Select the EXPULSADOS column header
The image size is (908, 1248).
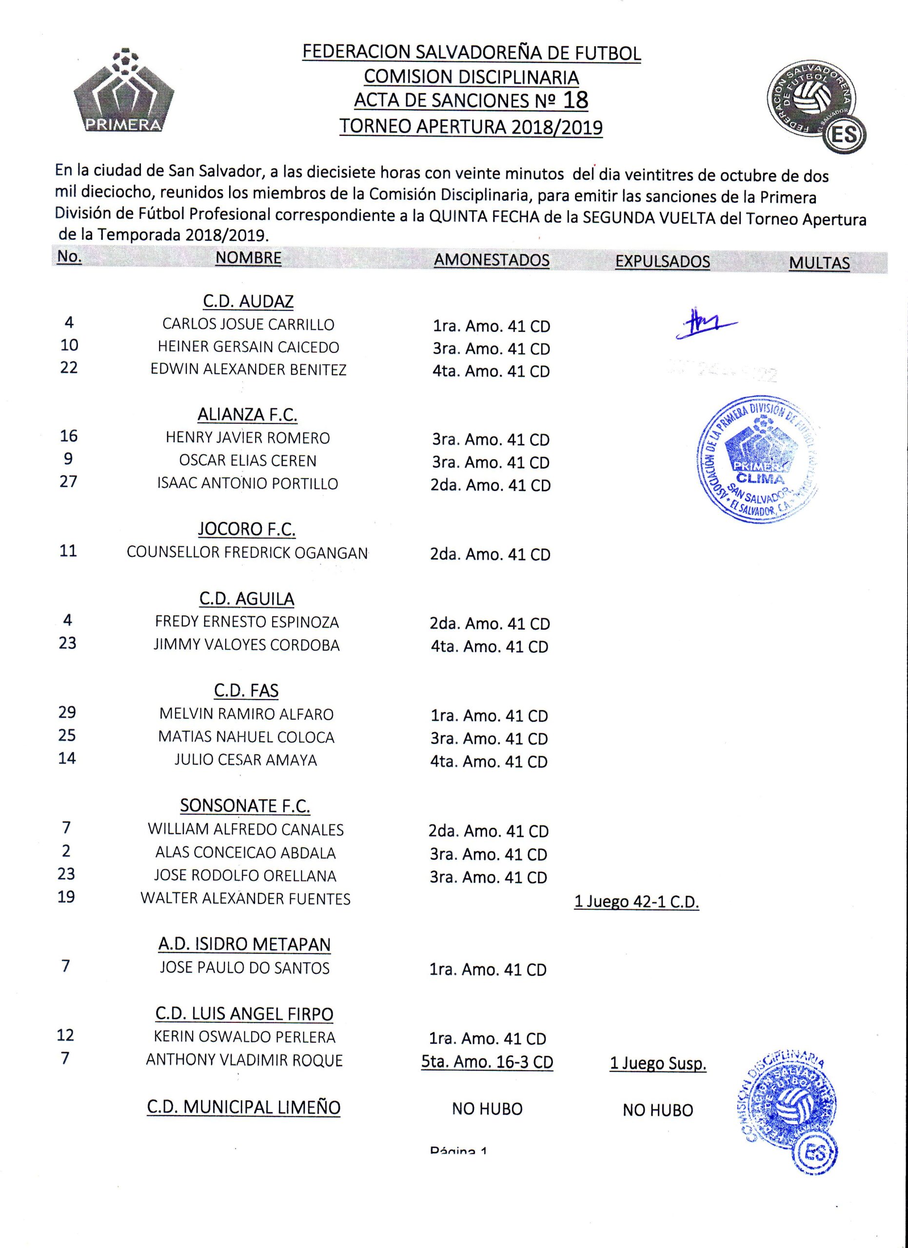pos(663,261)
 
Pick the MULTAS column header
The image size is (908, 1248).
pos(819,263)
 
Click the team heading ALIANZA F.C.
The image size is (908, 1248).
pos(247,414)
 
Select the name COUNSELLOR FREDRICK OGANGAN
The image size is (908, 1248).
pos(247,552)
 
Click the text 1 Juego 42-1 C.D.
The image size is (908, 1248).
pos(636,902)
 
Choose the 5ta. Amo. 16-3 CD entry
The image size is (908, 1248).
pos(487,1061)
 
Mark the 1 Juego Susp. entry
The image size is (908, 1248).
pos(658,1063)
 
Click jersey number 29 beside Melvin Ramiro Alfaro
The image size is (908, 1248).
pos(67,712)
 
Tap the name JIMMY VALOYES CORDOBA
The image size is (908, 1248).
pos(247,645)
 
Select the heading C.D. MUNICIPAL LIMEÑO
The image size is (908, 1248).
pos(244,1107)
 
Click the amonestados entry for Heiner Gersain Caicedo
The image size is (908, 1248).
pos(491,349)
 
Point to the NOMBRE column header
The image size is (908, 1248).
pos(248,258)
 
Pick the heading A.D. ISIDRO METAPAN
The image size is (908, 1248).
pos(244,944)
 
